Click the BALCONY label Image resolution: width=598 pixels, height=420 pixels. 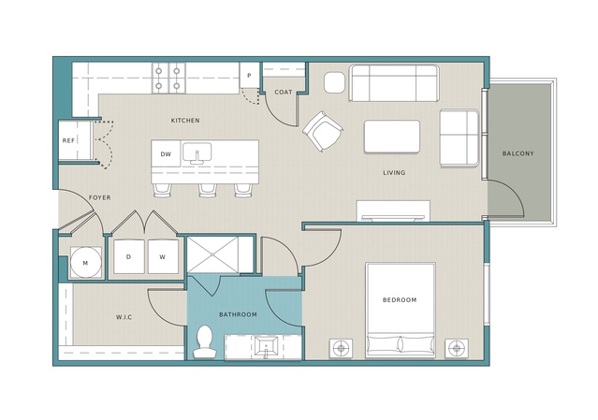(x=518, y=153)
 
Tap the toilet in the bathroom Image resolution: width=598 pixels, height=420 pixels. (x=205, y=341)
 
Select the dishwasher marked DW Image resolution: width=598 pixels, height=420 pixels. (x=166, y=154)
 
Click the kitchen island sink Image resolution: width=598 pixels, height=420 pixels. (x=197, y=153)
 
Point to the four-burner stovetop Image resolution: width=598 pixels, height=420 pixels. (x=168, y=79)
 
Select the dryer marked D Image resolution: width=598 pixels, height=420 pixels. (x=129, y=256)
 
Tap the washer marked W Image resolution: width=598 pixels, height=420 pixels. (x=163, y=256)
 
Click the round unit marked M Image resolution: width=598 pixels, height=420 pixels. (x=86, y=263)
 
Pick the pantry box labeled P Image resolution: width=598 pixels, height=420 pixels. (x=249, y=75)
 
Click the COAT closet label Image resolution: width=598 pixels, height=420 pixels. (x=284, y=93)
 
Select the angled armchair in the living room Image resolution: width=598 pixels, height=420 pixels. (x=323, y=132)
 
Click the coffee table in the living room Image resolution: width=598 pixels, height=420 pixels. (x=392, y=137)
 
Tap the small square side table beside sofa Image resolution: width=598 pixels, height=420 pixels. (x=334, y=82)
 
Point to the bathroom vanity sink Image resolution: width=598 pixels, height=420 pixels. (x=267, y=347)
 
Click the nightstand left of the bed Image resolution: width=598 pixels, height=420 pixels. (x=341, y=348)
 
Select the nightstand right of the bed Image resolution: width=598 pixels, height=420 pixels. (x=457, y=348)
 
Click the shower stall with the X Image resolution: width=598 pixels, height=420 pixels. (x=212, y=254)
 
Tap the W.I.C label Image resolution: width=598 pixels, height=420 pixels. (x=124, y=317)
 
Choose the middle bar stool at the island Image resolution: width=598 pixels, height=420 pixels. (x=208, y=190)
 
